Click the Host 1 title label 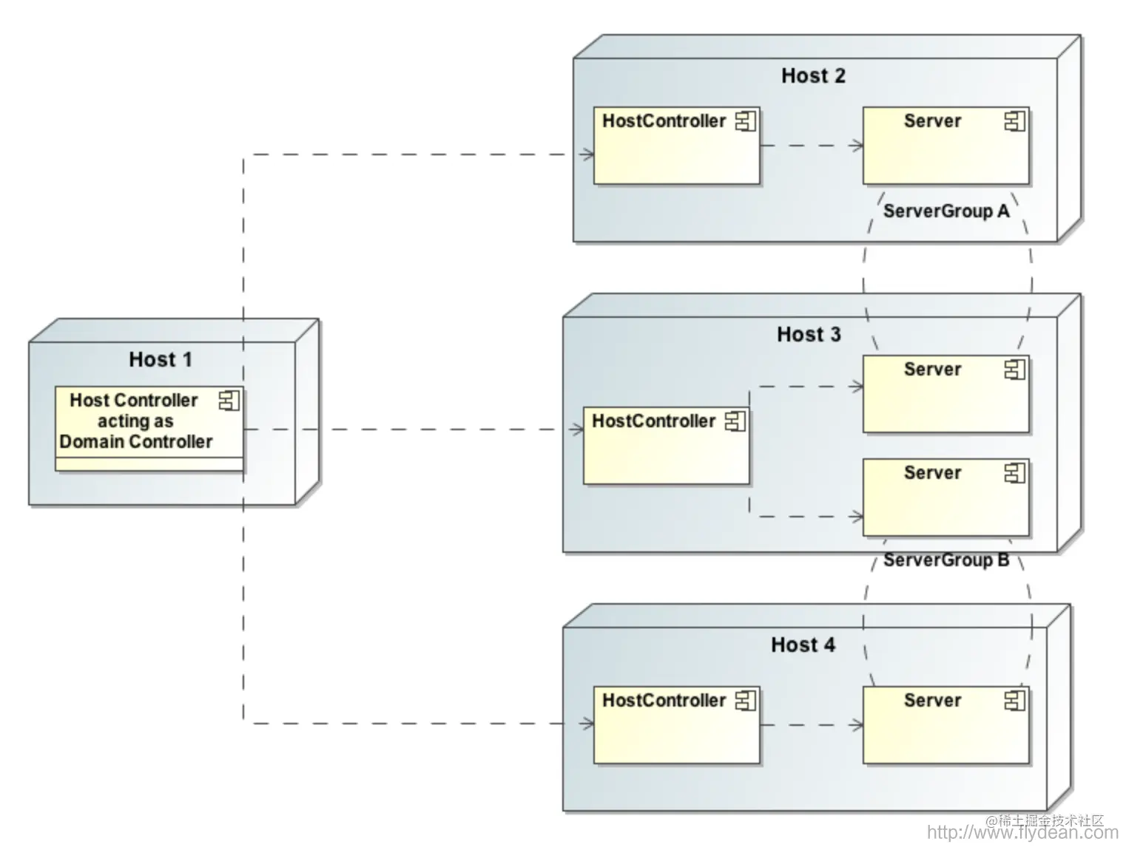click(x=161, y=359)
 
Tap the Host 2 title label click(x=813, y=75)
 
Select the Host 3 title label click(x=809, y=334)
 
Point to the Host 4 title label click(x=803, y=645)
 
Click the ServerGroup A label click(x=946, y=211)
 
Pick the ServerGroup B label click(x=946, y=560)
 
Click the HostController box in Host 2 click(x=677, y=146)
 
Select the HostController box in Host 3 click(x=667, y=445)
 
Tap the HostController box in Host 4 click(x=677, y=725)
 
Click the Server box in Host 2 click(x=946, y=146)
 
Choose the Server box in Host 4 click(x=946, y=725)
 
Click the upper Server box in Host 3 click(x=946, y=394)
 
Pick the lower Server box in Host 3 click(x=946, y=497)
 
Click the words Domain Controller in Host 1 click(x=136, y=442)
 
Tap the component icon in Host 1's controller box click(x=229, y=401)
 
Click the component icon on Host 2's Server click(x=1015, y=121)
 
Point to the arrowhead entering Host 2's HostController click(x=587, y=154)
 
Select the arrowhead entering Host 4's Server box click(x=856, y=725)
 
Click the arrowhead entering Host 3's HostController click(x=576, y=429)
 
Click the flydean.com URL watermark click(x=1022, y=832)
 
